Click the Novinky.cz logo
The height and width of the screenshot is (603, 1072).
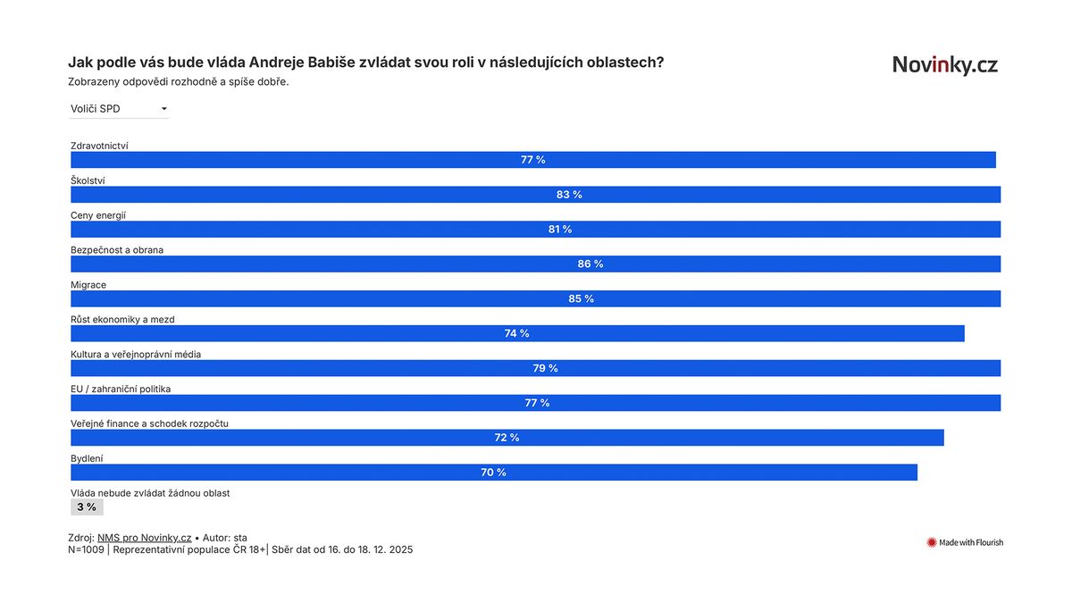945,65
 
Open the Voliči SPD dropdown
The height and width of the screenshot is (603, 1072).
119,109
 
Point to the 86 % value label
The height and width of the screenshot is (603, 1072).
590,264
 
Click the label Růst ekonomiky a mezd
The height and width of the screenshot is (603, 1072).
128,319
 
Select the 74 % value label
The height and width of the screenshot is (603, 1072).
516,334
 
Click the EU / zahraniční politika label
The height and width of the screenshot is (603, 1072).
121,389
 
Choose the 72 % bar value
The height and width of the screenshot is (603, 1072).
507,438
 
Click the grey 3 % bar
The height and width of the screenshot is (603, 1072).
87,507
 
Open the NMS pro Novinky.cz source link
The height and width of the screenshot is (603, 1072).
144,538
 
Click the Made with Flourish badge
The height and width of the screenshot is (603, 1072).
965,542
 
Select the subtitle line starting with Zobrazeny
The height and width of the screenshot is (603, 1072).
178,81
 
